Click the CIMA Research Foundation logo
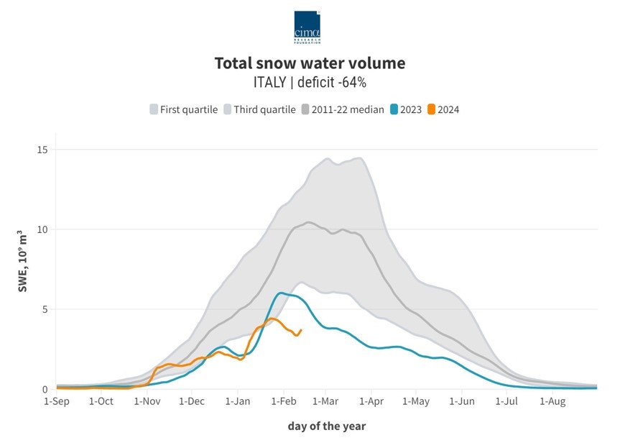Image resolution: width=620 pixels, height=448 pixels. pyautogui.click(x=307, y=27)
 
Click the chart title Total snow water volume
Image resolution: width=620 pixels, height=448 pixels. pyautogui.click(x=310, y=63)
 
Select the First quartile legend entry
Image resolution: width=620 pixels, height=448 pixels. pyautogui.click(x=182, y=109)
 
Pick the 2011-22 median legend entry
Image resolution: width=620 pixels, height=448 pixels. pyautogui.click(x=343, y=109)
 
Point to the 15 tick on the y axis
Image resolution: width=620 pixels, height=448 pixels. pyautogui.click(x=42, y=150)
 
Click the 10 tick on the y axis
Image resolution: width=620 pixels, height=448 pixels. pyautogui.click(x=42, y=229)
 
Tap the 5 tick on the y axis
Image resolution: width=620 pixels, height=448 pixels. pyautogui.click(x=45, y=309)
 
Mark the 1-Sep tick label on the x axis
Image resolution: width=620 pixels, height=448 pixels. pyautogui.click(x=57, y=401)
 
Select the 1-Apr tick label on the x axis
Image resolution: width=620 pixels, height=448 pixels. pyautogui.click(x=371, y=401)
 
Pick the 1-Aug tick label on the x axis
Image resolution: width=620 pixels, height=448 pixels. pyautogui.click(x=552, y=401)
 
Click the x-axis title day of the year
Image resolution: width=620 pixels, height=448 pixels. pyautogui.click(x=327, y=426)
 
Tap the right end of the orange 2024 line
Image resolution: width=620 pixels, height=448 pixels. pyautogui.click(x=301, y=330)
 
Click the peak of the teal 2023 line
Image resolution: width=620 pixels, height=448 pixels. pyautogui.click(x=280, y=293)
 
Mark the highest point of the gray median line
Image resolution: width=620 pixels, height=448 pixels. pyautogui.click(x=309, y=222)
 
